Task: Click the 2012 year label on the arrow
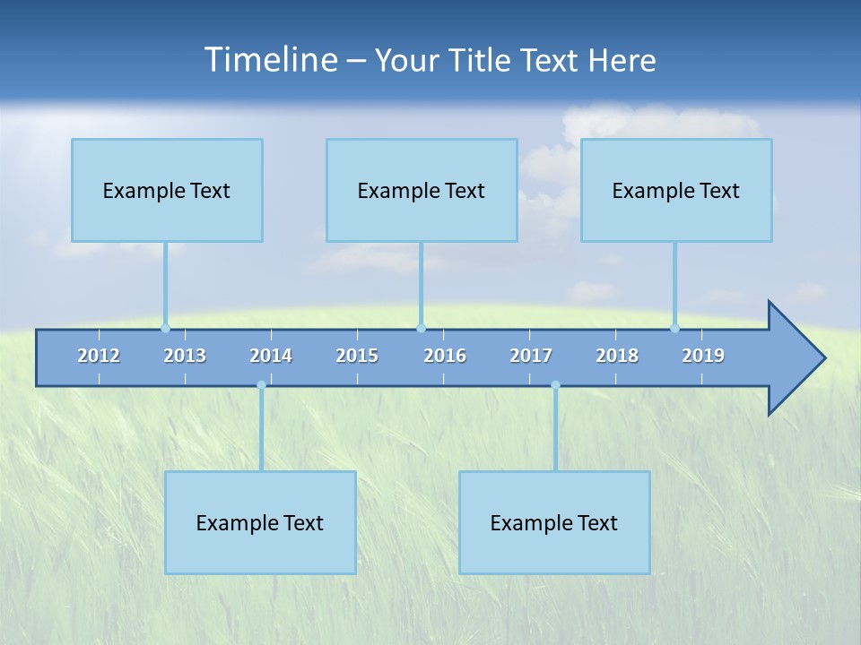tap(99, 356)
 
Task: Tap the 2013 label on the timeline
tap(185, 356)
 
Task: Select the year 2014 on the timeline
tap(271, 356)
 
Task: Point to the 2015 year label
tap(357, 356)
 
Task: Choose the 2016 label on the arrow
tap(445, 356)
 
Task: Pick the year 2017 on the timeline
tap(531, 356)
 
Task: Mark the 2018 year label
tap(617, 356)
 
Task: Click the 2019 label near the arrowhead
tap(703, 356)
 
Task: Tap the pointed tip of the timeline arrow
tap(822, 357)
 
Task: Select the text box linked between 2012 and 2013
tap(167, 190)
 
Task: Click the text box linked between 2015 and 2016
tap(422, 190)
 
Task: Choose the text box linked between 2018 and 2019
tap(676, 190)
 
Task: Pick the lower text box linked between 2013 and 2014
tap(260, 522)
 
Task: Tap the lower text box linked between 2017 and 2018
tap(554, 522)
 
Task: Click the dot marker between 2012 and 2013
tap(165, 328)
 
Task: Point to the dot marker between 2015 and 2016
tap(422, 328)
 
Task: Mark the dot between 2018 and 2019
tap(675, 328)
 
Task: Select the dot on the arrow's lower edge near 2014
tap(261, 385)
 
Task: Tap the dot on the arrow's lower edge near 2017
tap(555, 385)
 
